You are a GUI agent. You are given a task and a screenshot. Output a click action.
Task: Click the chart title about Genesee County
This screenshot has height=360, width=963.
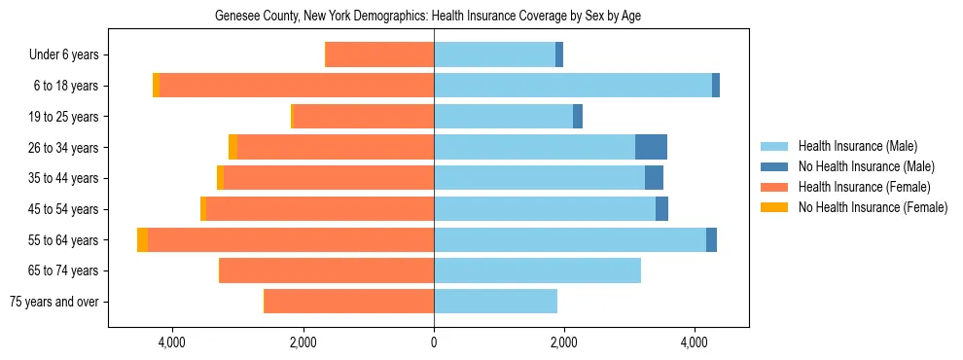click(x=427, y=16)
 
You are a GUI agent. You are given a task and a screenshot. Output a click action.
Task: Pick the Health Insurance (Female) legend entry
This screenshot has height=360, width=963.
click(x=864, y=187)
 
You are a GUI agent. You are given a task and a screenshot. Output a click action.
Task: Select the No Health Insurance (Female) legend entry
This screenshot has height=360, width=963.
click(x=873, y=207)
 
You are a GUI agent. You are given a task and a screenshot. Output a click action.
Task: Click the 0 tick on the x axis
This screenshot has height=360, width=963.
click(x=434, y=343)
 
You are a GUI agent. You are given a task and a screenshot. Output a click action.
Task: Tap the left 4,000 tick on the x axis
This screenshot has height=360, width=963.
click(x=172, y=343)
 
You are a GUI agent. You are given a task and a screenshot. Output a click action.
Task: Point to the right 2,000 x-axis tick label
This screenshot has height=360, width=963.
click(x=564, y=343)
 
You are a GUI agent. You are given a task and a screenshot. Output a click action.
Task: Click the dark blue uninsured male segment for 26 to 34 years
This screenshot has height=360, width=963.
click(x=651, y=147)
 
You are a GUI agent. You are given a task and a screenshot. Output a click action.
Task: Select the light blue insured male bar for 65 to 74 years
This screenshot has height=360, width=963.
click(x=537, y=270)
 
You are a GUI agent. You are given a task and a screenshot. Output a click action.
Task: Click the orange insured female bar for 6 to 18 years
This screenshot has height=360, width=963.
click(x=297, y=86)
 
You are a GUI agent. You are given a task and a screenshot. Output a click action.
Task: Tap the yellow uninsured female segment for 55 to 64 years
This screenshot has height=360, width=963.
click(x=143, y=239)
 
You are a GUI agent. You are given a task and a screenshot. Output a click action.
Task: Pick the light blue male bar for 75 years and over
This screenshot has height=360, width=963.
click(x=495, y=302)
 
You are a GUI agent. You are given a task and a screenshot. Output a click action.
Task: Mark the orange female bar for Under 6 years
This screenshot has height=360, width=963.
click(x=379, y=55)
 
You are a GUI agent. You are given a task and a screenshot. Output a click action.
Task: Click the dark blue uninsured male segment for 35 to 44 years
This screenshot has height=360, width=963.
click(x=654, y=178)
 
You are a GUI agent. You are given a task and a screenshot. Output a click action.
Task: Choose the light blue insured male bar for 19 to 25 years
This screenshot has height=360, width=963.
click(x=503, y=117)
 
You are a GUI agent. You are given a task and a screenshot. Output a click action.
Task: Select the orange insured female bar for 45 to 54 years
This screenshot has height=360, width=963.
click(x=320, y=209)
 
